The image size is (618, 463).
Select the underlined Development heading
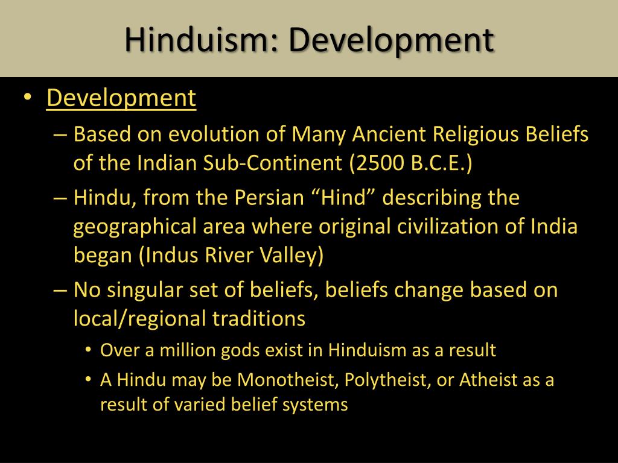[121, 98]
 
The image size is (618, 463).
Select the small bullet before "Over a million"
[89, 350]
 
